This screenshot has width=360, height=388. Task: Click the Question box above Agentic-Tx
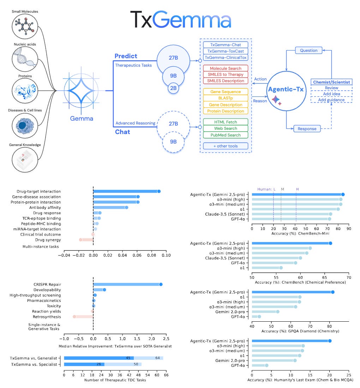(308, 50)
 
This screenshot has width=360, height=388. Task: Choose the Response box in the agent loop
(307, 128)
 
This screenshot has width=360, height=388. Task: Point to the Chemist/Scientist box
(331, 82)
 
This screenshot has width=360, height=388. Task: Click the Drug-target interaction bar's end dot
(159, 191)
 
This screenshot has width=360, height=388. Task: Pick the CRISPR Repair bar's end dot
(161, 284)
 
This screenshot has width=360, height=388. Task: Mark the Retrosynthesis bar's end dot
(74, 317)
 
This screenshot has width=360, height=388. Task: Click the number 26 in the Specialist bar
(99, 364)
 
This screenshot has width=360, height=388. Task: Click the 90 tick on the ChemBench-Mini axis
(349, 229)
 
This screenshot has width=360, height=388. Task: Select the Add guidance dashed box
(331, 100)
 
